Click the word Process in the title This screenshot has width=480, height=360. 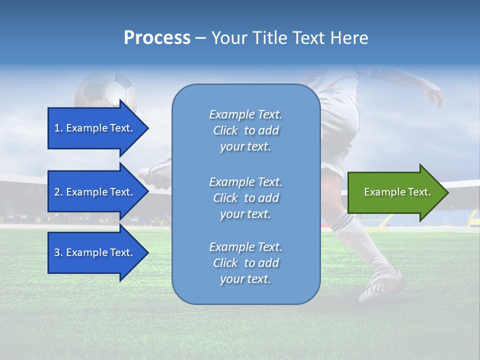coord(157,37)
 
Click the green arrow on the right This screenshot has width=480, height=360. coord(395,192)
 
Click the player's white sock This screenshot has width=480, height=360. coord(352,235)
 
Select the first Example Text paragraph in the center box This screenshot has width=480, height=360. coord(245,130)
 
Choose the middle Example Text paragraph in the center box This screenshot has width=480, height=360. coord(245,198)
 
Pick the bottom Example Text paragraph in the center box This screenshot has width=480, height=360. coord(245,263)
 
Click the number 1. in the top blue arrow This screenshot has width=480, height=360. coord(58,128)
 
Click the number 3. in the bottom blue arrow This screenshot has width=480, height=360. coord(58,252)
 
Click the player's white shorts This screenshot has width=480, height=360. coord(340,115)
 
